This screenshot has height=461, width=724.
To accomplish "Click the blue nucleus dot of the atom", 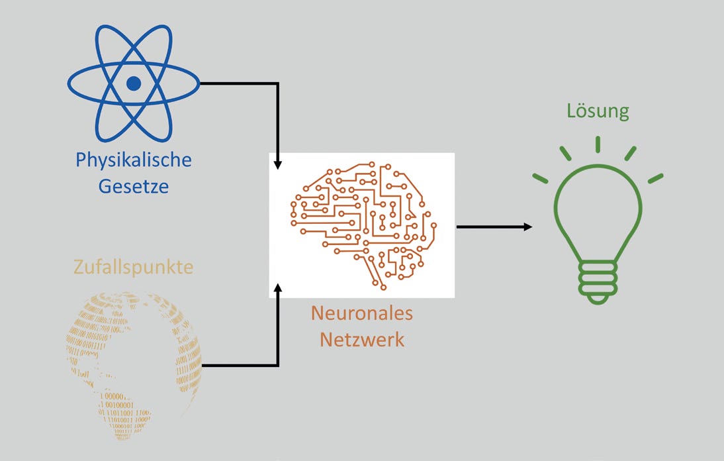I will click(x=134, y=83).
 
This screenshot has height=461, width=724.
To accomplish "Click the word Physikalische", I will click(x=134, y=160).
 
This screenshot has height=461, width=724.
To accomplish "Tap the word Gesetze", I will click(x=134, y=186).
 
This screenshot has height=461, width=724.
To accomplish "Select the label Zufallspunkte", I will click(x=134, y=267).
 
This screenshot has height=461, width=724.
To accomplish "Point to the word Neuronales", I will click(x=362, y=313).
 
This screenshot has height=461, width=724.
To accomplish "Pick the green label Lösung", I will click(x=598, y=111).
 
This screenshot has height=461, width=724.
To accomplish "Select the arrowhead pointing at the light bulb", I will click(x=528, y=227).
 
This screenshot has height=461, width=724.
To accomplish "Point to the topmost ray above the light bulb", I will click(x=598, y=144).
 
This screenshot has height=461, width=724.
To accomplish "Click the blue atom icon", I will click(x=134, y=83).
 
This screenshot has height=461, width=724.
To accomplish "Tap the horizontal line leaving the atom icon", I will click(x=238, y=83).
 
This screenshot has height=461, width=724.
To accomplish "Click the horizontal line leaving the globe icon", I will click(x=238, y=365).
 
